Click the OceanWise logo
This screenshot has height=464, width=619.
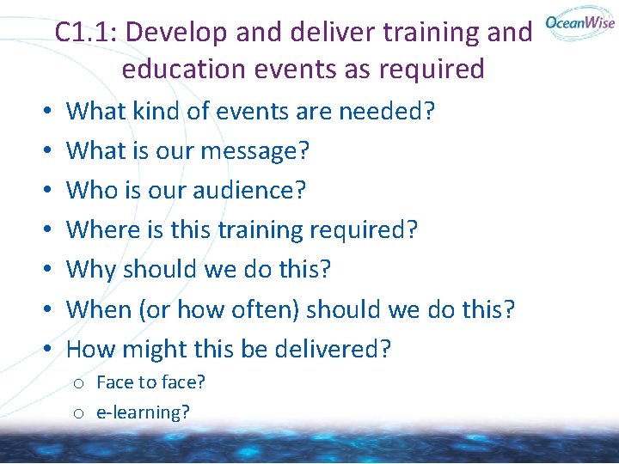click(579, 23)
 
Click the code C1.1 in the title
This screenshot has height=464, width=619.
click(86, 33)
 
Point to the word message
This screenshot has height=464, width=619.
click(254, 151)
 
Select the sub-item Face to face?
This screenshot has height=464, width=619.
click(150, 382)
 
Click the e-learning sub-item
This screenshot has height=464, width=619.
click(143, 412)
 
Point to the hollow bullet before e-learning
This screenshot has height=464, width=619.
click(77, 413)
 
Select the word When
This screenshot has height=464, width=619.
click(99, 309)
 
